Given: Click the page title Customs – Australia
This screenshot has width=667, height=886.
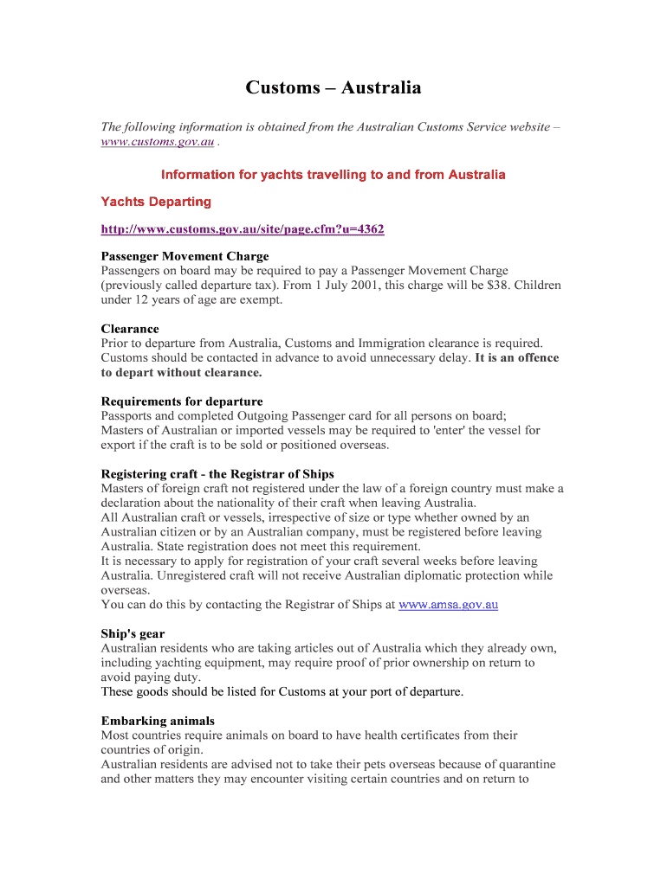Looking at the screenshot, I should [333, 87].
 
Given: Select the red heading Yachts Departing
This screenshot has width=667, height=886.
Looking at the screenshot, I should [156, 202].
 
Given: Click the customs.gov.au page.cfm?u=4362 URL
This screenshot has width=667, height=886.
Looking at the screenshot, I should [243, 229].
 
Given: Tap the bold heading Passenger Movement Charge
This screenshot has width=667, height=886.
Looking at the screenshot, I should [185, 256].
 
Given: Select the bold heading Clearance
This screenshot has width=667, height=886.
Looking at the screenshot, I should [130, 329].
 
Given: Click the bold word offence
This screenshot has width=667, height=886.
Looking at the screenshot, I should [538, 357].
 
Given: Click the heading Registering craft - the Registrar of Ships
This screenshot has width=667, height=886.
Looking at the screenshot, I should [217, 474].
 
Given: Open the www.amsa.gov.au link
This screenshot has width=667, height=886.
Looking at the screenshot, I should [448, 605].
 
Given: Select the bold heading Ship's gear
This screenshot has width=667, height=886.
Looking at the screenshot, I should [133, 634].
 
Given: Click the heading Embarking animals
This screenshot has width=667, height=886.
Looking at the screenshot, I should [158, 721].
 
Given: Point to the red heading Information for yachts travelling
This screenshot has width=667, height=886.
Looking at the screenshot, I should [333, 175].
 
